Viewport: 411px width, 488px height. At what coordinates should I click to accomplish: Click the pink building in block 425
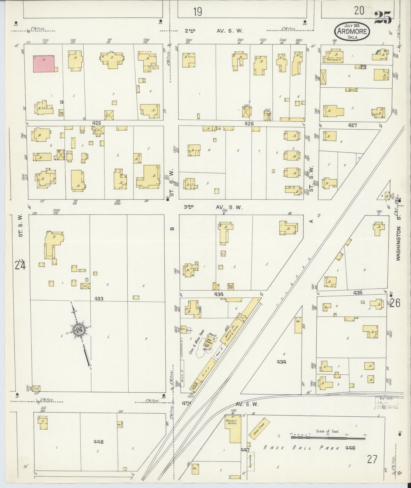coord(44,64)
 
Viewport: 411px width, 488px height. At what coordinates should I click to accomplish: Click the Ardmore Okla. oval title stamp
coord(352,31)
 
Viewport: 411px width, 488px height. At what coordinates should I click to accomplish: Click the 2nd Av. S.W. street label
coord(214,31)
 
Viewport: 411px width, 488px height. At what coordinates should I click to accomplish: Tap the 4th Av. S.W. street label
coord(220,404)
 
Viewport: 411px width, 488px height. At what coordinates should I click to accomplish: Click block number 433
coord(99,298)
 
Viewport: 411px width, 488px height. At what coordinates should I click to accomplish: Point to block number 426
coord(249,123)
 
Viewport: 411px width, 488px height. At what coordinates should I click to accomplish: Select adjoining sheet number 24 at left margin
coord(20,265)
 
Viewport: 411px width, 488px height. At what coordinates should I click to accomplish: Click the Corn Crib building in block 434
coord(231,286)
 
